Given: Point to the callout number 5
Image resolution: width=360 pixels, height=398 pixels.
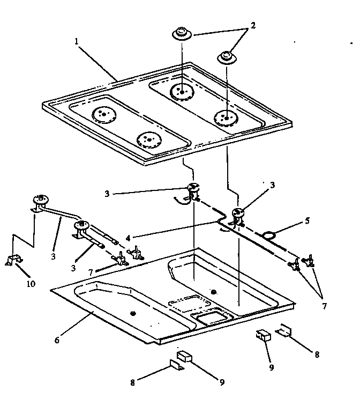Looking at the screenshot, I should (x=307, y=220).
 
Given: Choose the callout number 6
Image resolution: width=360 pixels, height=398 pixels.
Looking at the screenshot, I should (x=57, y=340).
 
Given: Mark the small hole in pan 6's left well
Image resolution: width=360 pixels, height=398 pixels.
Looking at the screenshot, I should (x=132, y=313).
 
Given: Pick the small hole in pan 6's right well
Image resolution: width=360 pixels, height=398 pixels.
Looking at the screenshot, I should (x=214, y=292).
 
